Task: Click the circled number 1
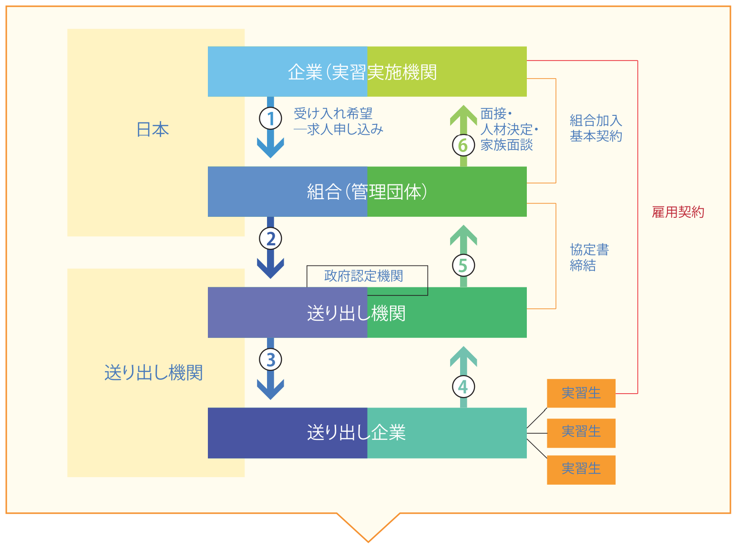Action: (270, 118)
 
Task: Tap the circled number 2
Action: (270, 238)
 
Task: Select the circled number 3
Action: (270, 359)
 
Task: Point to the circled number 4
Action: (463, 387)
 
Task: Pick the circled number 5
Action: (463, 265)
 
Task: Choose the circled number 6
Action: (463, 145)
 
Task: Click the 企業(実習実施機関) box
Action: (367, 72)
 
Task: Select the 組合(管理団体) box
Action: (367, 192)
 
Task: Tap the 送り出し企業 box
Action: (367, 433)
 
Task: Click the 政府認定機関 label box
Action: (364, 276)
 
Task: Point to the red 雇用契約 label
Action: (677, 212)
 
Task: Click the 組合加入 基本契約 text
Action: (595, 128)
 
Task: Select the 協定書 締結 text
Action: (589, 257)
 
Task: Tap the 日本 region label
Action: (153, 130)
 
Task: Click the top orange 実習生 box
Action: (581, 393)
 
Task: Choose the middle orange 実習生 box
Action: (581, 432)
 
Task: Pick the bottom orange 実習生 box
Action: (581, 469)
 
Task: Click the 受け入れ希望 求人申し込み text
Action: (338, 122)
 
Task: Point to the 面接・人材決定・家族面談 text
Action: (508, 129)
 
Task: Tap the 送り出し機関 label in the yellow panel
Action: (154, 373)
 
